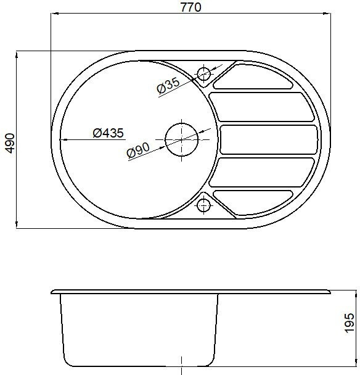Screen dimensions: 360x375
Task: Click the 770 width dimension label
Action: coord(190,7)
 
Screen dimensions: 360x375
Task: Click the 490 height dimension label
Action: coord(10,143)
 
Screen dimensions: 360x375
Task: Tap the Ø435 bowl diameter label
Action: coord(108,133)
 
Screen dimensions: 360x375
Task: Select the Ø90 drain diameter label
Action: coord(138,150)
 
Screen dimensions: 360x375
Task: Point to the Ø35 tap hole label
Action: coord(168,85)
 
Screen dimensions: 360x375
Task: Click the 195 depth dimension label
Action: coord(349,323)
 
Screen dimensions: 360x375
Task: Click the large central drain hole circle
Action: coord(182,139)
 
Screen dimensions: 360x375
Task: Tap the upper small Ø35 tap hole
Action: coord(203,74)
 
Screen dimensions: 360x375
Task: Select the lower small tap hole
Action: coord(203,205)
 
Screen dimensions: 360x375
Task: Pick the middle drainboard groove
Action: coord(269,139)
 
